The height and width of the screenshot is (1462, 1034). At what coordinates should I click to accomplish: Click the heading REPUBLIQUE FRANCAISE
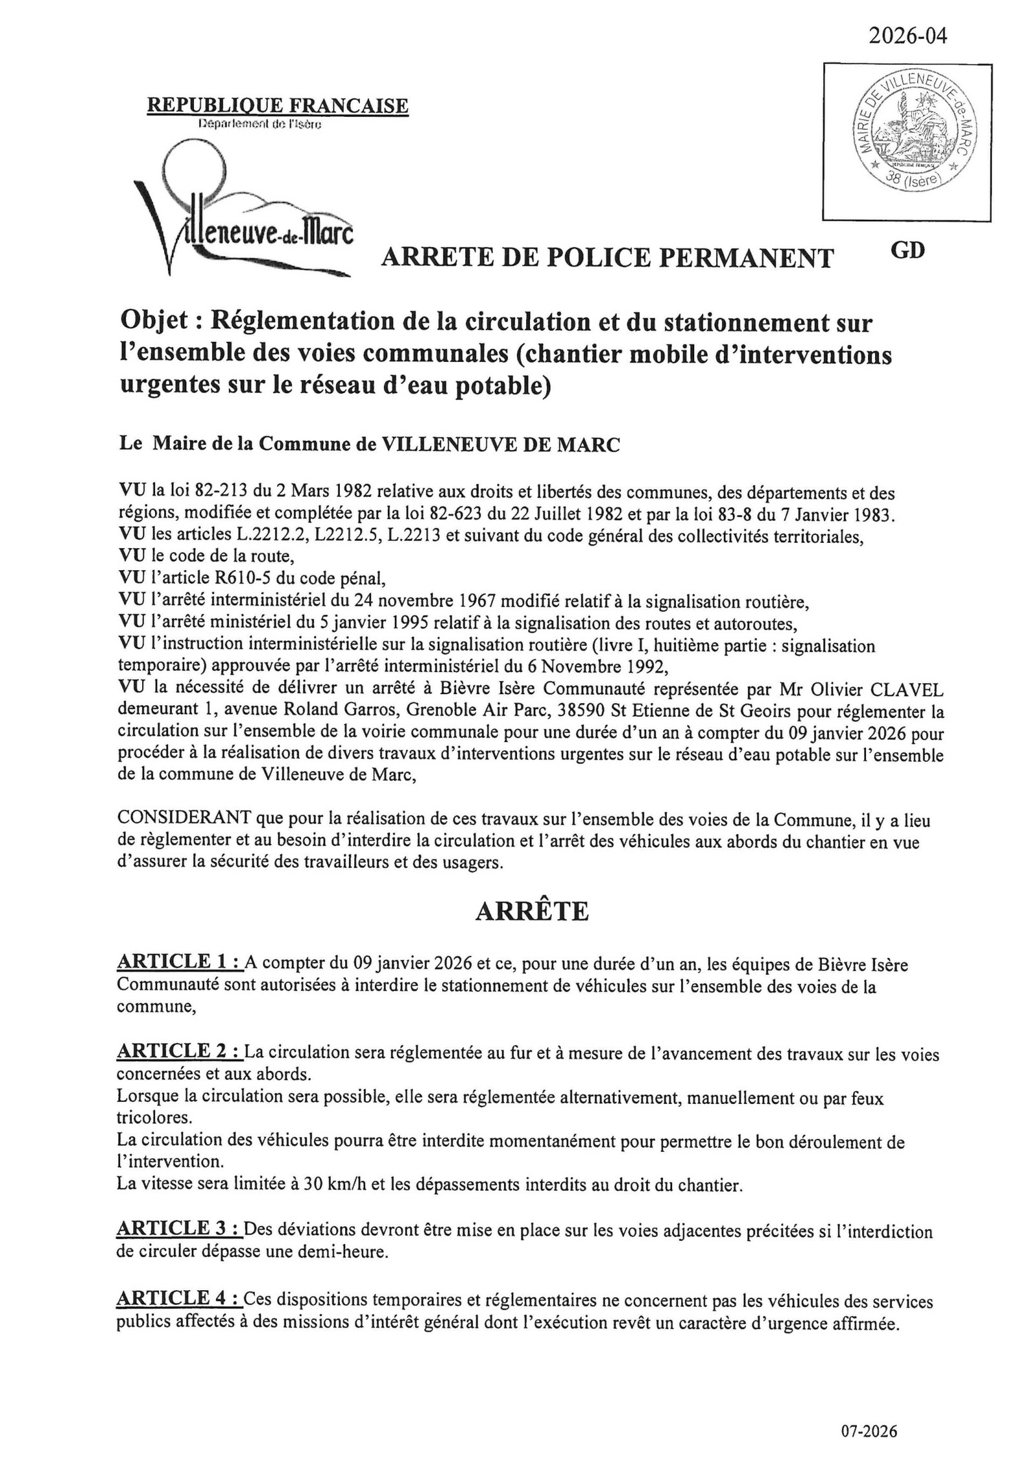[x=278, y=105]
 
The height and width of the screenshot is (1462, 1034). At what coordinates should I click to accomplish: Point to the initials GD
[x=907, y=250]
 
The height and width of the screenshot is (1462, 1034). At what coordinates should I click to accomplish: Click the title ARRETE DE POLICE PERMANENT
[x=607, y=258]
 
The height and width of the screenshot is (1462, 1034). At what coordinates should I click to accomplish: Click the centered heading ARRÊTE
[x=532, y=911]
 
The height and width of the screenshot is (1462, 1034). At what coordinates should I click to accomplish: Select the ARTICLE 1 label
[x=180, y=962]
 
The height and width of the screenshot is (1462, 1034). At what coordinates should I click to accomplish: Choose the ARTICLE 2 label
[x=180, y=1052]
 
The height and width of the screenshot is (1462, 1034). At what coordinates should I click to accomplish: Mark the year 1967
[x=476, y=602]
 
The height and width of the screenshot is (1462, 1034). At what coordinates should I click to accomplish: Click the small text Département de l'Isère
[x=260, y=123]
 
